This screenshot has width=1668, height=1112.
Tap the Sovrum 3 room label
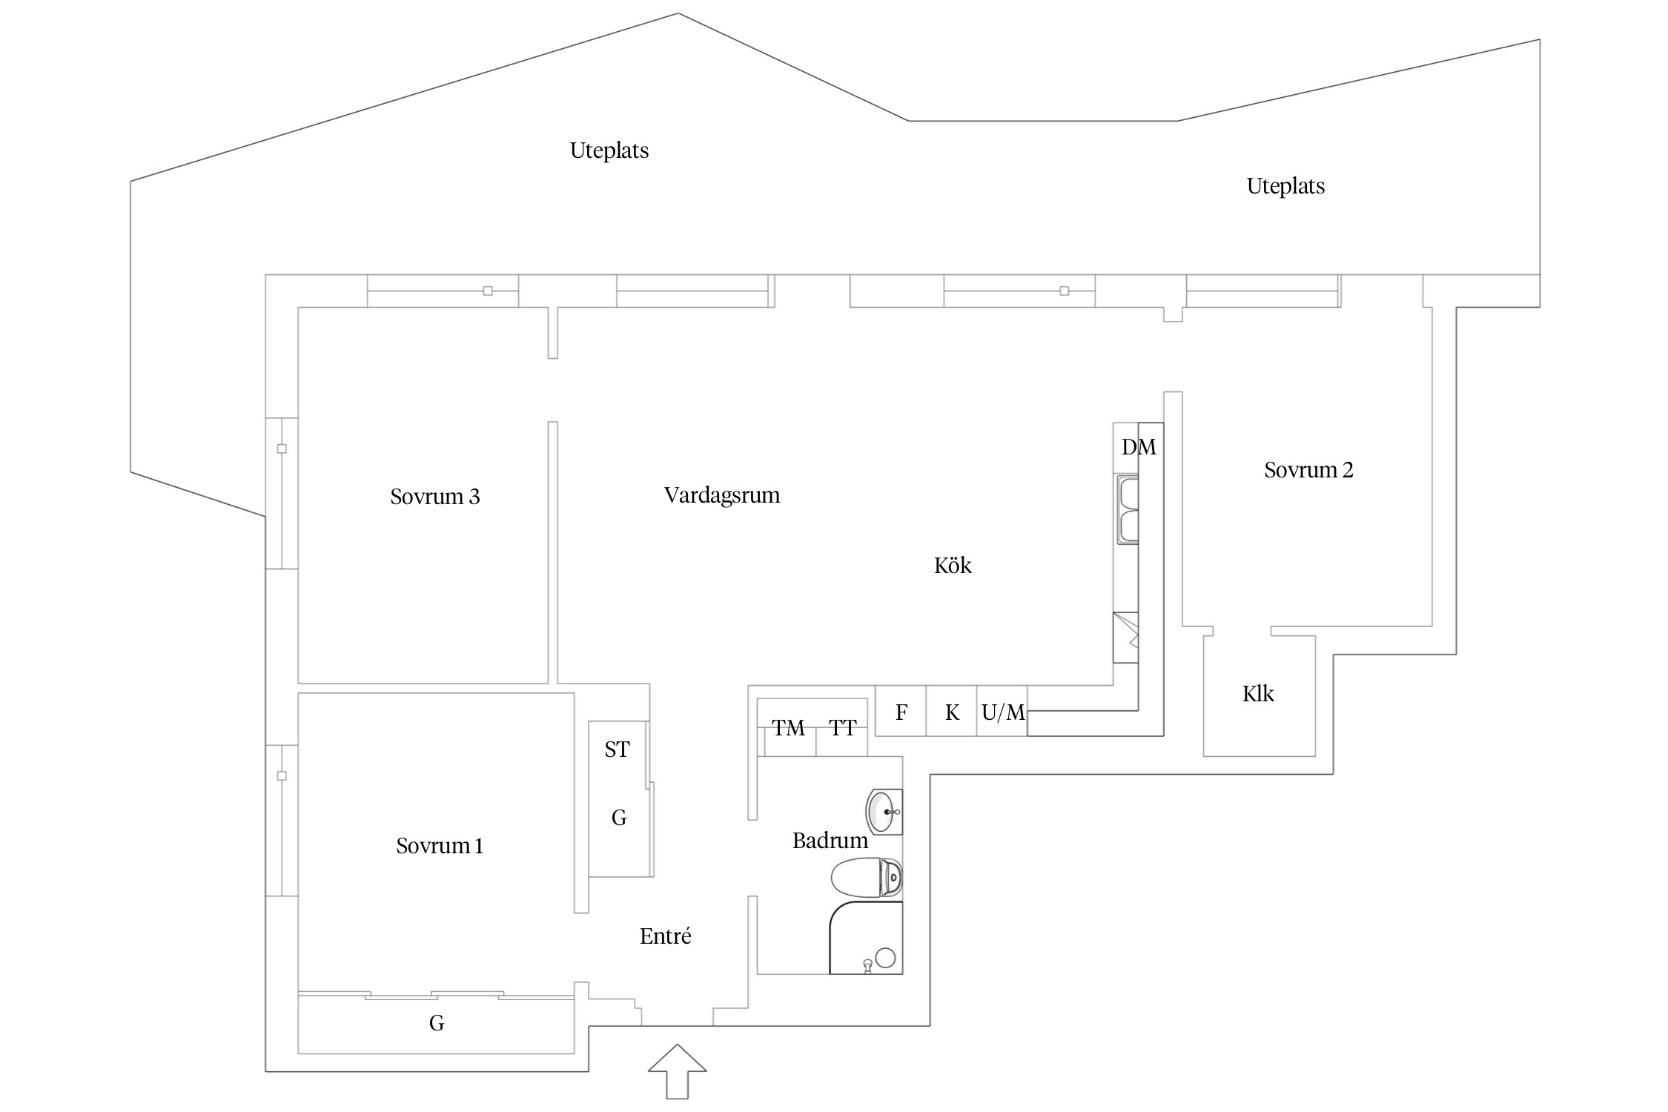(x=435, y=497)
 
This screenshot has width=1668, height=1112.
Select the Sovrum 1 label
(x=440, y=846)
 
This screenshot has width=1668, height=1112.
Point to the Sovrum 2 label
(x=1308, y=470)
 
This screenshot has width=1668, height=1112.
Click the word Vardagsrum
(x=721, y=495)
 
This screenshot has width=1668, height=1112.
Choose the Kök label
(x=953, y=566)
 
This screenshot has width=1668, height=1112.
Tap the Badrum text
(x=830, y=841)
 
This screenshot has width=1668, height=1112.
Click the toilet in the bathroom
(x=866, y=877)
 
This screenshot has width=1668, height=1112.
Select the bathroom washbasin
(x=883, y=812)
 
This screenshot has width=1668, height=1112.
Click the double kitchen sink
(x=1127, y=511)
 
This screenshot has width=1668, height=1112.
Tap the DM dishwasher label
(x=1139, y=447)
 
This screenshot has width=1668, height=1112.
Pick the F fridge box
(x=901, y=712)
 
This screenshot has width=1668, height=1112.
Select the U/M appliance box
(x=1002, y=712)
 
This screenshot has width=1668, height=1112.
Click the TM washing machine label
(x=787, y=728)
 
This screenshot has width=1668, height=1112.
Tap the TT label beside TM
(x=843, y=728)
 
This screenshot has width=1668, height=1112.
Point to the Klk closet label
(x=1258, y=694)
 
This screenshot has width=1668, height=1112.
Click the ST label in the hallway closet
(x=617, y=749)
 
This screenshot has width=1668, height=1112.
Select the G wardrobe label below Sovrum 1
(x=437, y=1023)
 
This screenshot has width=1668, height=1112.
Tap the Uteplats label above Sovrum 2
(x=1285, y=186)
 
